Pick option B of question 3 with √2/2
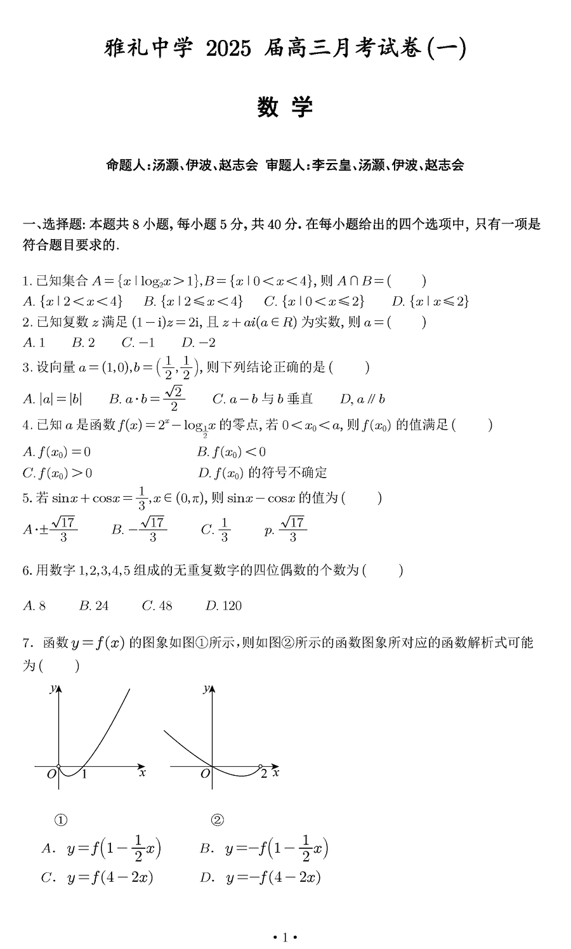(147, 398)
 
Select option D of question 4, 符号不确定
(262, 472)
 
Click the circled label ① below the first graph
(61, 820)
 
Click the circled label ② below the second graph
(217, 820)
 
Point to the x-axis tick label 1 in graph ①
(84, 774)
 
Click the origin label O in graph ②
(204, 774)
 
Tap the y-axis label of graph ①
(52, 689)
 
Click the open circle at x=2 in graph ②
(261, 767)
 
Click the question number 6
(27, 570)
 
